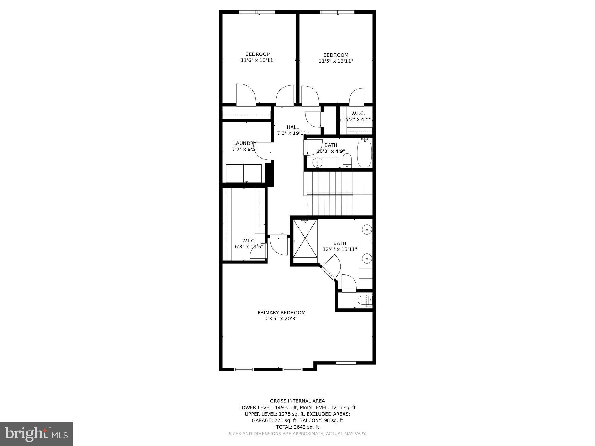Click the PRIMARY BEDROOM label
coord(281,313)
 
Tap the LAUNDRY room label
coord(245,143)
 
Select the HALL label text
coord(293,127)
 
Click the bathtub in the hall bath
coord(364,152)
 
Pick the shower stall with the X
coord(305,238)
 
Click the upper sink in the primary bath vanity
coord(367,230)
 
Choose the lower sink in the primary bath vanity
coord(367,258)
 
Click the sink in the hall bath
coord(317,162)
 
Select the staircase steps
coord(330,193)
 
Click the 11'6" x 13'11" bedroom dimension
coord(258,60)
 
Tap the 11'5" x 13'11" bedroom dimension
coord(336,61)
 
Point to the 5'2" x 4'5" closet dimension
coord(358,119)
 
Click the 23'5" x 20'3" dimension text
coord(281,319)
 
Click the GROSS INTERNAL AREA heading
coord(297,401)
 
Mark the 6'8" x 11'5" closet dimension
coord(249,247)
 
